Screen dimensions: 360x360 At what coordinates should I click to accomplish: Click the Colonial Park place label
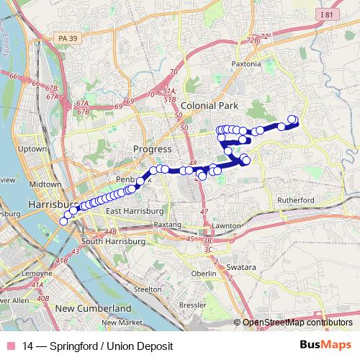pos(209,105)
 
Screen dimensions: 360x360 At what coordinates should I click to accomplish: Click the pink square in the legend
pos(10,346)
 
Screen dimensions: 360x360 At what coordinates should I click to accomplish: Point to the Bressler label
pos(192,305)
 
